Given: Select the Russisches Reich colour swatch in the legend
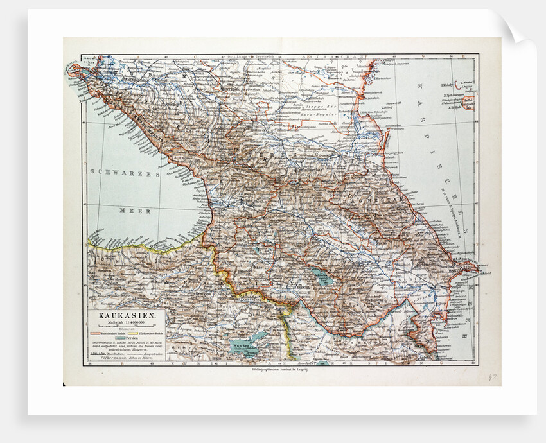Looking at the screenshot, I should tap(95, 333).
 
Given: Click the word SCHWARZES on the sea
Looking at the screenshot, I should tap(123, 172).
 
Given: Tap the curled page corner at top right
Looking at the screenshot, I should tap(518, 29).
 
